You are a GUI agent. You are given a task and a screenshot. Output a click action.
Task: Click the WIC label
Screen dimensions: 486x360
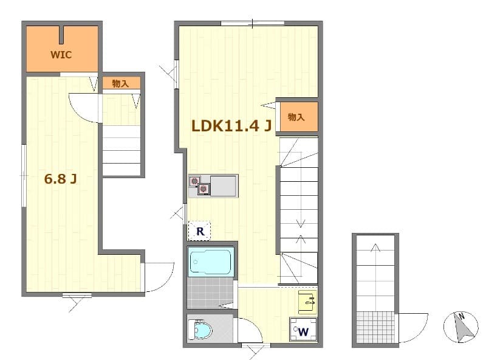(x=61, y=55)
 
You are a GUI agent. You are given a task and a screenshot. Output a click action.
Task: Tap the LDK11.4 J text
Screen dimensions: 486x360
(x=231, y=126)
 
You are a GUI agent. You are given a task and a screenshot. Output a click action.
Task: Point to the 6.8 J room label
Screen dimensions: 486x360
(x=60, y=179)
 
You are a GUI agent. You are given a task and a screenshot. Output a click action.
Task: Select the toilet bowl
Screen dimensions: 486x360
(x=201, y=330)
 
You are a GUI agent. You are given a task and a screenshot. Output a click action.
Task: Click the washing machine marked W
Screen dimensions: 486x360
(x=303, y=329)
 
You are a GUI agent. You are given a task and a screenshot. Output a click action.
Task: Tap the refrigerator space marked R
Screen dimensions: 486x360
(x=200, y=231)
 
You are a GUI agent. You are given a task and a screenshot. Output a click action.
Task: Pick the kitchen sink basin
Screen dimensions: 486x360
(x=223, y=186)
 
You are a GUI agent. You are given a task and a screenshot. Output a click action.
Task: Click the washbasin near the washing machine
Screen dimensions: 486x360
(x=307, y=302)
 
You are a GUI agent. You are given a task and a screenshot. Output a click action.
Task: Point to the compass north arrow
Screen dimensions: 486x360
(x=463, y=328)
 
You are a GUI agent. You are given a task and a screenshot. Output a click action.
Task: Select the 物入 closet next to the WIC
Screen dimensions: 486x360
(x=121, y=83)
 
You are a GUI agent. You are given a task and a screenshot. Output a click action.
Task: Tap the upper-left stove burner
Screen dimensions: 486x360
(x=194, y=181)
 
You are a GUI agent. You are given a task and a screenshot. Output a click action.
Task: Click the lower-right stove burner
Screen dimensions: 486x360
(x=204, y=189)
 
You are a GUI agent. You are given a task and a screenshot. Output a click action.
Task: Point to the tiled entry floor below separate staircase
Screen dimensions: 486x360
(x=375, y=327)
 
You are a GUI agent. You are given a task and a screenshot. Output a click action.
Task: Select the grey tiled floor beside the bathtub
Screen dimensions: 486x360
(x=210, y=292)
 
